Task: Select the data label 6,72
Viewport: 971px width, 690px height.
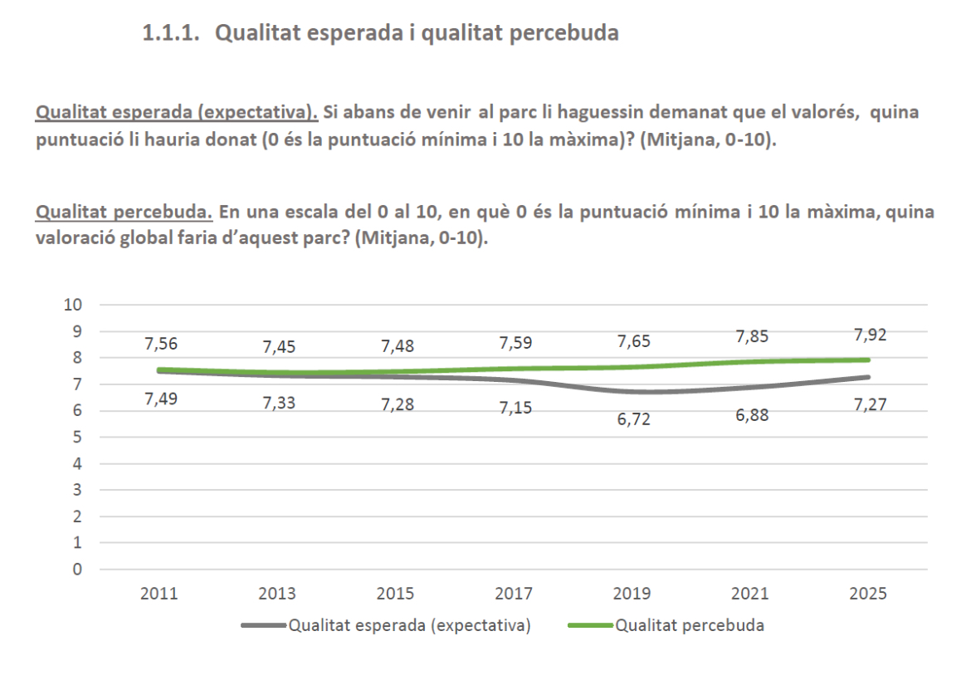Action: [633, 419]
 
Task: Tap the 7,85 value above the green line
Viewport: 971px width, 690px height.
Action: [752, 336]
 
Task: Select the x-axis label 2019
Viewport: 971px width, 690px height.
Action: [632, 594]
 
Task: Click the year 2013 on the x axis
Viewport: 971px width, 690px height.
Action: [278, 594]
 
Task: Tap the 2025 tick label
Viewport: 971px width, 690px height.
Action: [869, 594]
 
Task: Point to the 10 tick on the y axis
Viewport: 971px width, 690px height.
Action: [74, 305]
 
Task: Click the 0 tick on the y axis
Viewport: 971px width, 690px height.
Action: [78, 570]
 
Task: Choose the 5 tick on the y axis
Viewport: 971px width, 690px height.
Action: [78, 437]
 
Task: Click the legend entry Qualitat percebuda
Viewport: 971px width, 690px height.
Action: [690, 626]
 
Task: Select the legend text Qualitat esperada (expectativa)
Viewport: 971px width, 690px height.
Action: [409, 626]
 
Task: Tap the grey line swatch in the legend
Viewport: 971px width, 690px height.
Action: [264, 626]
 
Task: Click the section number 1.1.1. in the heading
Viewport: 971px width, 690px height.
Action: [172, 34]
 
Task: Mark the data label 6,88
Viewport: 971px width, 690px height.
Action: [752, 416]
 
